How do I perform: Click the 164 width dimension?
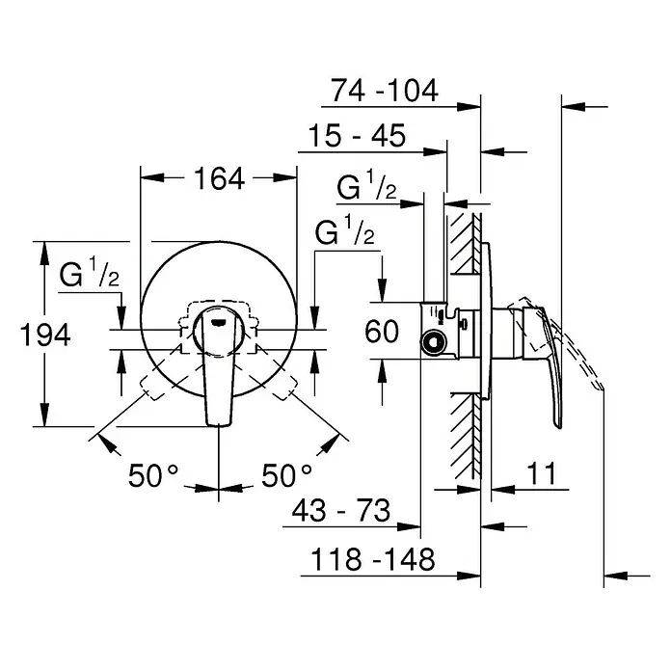pos(220,178)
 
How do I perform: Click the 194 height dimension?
pos(45,335)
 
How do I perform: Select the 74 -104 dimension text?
pos(385,91)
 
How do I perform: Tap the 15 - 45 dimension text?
pos(357,136)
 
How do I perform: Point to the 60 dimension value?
pos(382,332)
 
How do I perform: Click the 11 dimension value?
pos(541,473)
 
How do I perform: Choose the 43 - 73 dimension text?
pos(341,510)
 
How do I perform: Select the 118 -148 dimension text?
pos(372,559)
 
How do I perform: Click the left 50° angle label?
pos(152,475)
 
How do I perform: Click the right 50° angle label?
pos(286,475)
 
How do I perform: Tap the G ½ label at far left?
pos(89,273)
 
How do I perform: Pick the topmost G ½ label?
pos(366,185)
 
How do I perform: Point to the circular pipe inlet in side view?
pos(434,342)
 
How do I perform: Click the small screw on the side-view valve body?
pos(463,323)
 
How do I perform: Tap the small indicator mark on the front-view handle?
pos(219,323)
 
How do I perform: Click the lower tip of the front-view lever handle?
pos(219,425)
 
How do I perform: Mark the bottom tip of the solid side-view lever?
pos(558,427)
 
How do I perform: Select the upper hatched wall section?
pos(467,243)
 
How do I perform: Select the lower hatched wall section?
pos(466,436)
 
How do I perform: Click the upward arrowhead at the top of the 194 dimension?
pos(44,252)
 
